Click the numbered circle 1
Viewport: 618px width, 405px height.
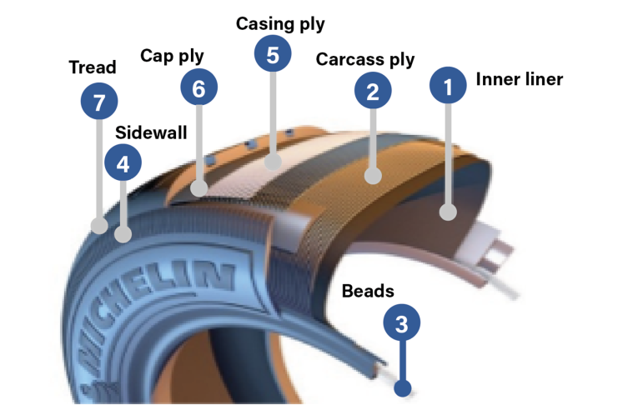[449, 86]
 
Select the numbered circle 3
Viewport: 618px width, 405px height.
[402, 324]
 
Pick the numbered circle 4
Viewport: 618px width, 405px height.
[123, 164]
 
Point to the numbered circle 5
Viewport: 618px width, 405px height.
[273, 55]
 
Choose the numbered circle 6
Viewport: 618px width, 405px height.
[198, 87]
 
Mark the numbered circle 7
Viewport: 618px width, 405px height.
[99, 102]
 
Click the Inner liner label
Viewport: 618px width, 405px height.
[520, 80]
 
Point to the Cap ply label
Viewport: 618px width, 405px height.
[172, 56]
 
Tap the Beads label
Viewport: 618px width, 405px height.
[368, 291]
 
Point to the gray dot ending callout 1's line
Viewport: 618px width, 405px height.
[449, 212]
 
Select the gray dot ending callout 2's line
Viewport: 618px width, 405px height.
[374, 176]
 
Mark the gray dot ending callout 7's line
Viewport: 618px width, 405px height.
[99, 225]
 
